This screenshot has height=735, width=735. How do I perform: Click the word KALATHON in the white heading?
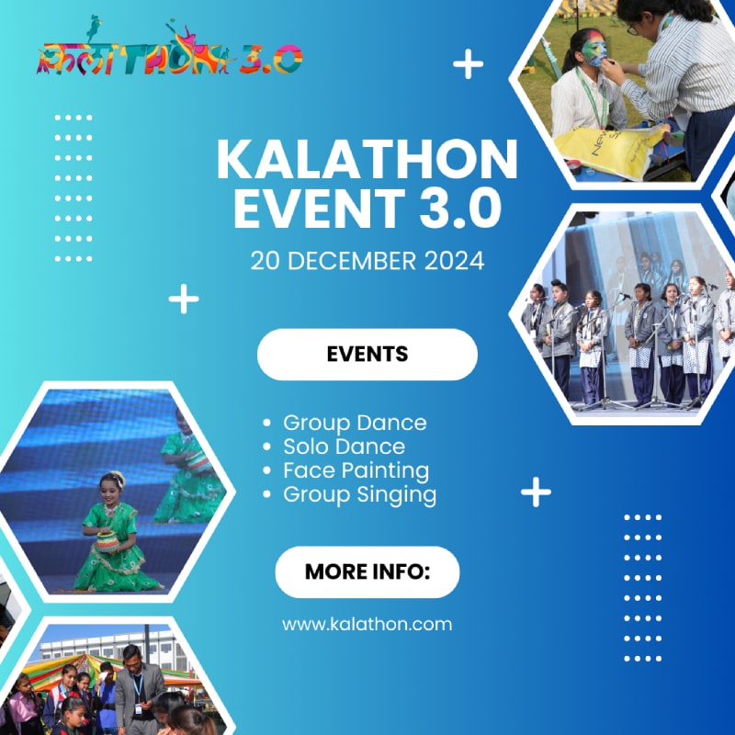[x=367, y=160]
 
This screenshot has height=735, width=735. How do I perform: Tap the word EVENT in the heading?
[x=319, y=208]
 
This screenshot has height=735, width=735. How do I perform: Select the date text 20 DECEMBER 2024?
[x=367, y=261]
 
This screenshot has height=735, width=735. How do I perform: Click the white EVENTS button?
[x=367, y=355]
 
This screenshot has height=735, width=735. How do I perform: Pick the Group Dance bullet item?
[x=355, y=423]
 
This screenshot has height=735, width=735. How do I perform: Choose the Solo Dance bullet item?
[x=344, y=447]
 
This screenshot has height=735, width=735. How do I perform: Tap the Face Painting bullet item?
[x=356, y=471]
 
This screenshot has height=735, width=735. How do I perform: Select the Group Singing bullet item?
[x=359, y=495]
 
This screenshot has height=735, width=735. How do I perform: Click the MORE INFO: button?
[x=367, y=571]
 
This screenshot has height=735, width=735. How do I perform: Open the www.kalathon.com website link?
[x=367, y=625]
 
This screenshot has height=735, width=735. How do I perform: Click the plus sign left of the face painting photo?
[x=468, y=63]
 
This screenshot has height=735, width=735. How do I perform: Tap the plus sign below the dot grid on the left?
[x=183, y=299]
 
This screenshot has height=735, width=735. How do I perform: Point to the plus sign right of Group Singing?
[x=536, y=492]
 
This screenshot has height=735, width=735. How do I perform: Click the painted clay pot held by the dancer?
[x=107, y=542]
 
